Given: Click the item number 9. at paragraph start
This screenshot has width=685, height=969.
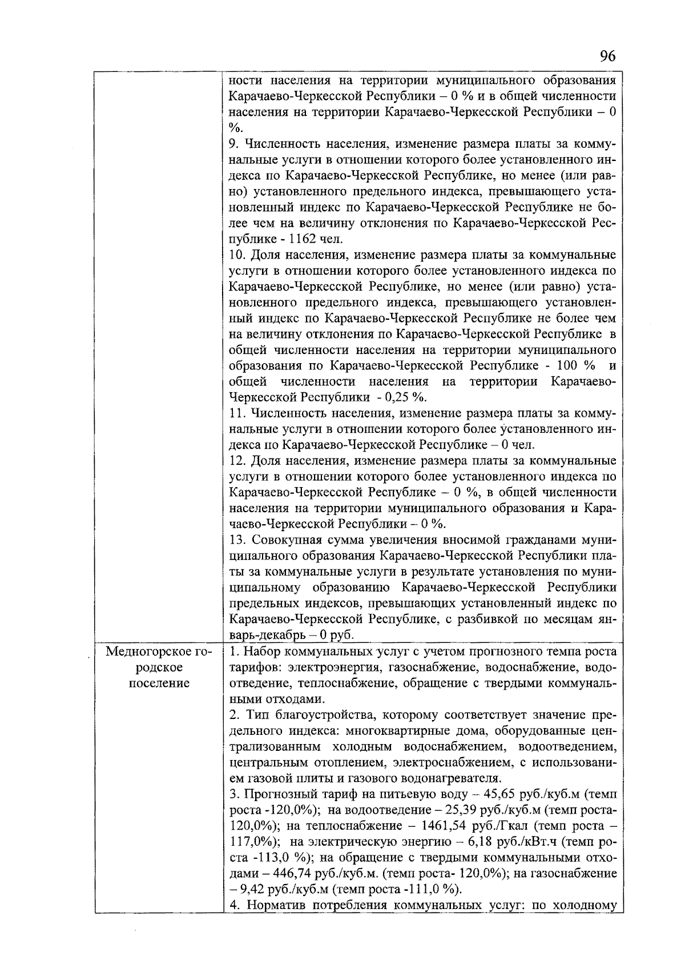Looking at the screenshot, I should pyautogui.click(x=234, y=143).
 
